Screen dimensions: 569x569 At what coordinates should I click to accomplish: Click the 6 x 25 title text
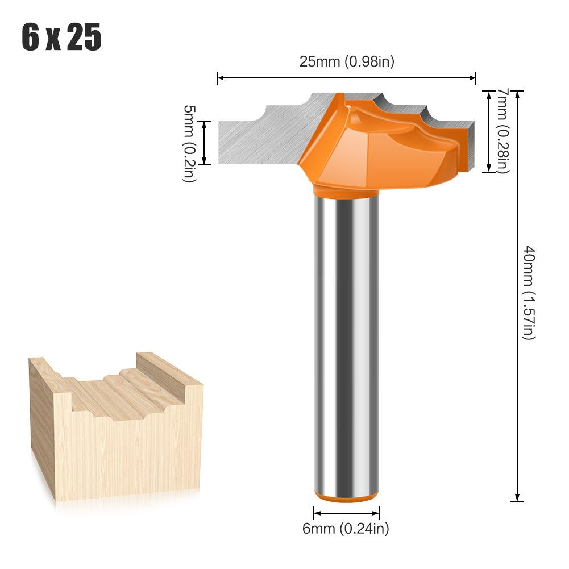coord(61,38)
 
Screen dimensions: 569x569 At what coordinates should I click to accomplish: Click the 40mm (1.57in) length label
coord(529,293)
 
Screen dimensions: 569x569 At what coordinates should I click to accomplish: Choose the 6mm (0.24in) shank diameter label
coord(346,529)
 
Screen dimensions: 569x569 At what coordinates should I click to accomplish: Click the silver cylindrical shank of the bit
coord(346,341)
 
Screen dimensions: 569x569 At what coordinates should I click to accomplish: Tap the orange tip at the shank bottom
coord(346,498)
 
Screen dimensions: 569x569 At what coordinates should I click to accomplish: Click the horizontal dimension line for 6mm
coord(346,510)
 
